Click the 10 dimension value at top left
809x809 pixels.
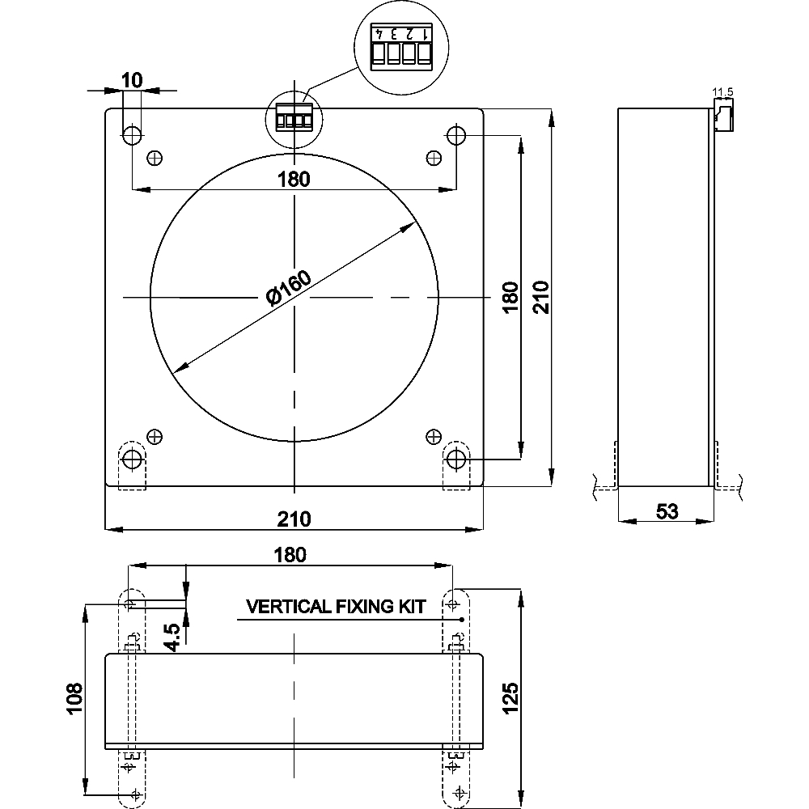click(132, 79)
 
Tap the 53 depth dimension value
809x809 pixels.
click(667, 510)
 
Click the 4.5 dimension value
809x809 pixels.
click(171, 637)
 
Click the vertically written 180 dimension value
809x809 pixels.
click(509, 298)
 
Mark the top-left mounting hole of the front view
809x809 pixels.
click(132, 133)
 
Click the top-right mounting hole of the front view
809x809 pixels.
click(456, 133)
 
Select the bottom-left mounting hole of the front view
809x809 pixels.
click(132, 459)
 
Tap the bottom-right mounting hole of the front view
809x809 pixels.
click(456, 459)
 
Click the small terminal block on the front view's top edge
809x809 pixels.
click(294, 121)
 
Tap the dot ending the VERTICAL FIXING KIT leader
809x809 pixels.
click(461, 620)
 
